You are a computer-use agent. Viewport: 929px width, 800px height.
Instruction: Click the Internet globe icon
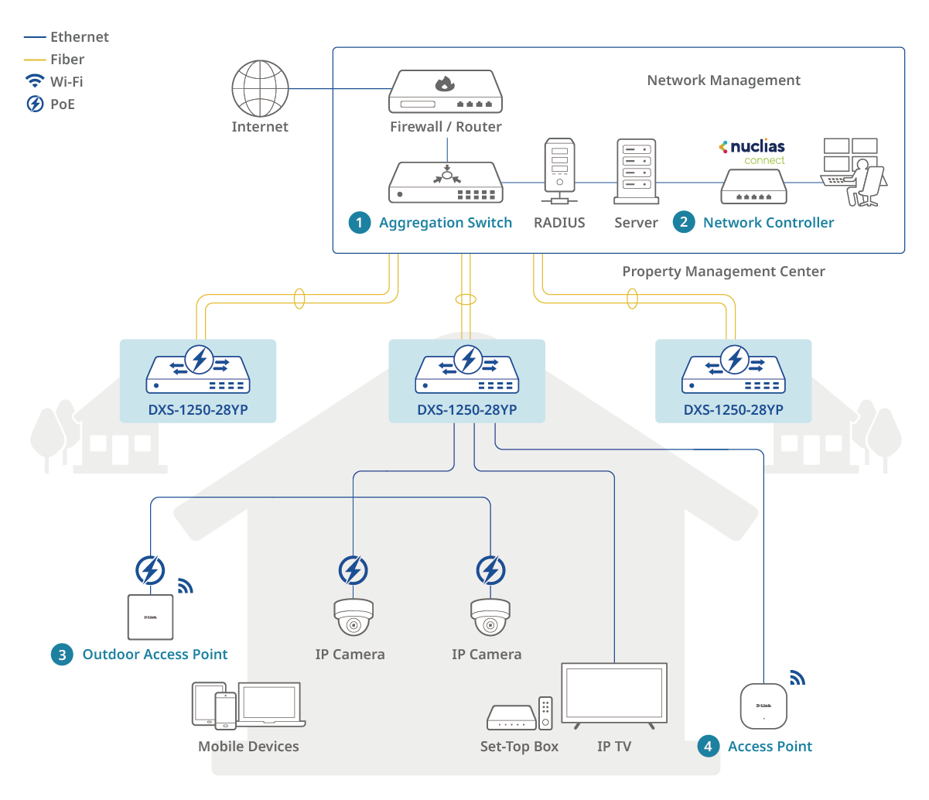[260, 88]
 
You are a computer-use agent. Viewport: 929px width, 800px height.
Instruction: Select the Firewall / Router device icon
[446, 92]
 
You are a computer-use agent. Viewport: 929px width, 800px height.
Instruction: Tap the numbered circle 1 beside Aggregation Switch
[359, 223]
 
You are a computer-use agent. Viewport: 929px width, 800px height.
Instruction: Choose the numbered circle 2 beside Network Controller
[683, 223]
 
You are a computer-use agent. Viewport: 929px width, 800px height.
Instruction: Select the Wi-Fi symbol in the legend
[35, 80]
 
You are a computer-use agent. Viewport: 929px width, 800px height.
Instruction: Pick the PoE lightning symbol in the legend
[35, 104]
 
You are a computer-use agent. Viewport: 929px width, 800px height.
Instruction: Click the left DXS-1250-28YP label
[198, 410]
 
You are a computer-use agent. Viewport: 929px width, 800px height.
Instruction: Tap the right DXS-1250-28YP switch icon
[733, 371]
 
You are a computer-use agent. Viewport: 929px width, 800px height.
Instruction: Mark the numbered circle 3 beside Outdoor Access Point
[62, 655]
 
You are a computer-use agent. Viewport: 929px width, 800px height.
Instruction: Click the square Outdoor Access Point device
[150, 617]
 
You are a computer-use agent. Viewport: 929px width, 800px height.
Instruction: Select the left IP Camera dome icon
[353, 617]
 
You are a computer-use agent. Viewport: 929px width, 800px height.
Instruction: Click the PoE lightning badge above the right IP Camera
[490, 570]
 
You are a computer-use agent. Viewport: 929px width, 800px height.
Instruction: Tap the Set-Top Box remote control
[545, 713]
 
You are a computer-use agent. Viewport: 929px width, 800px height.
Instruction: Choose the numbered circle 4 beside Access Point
[708, 746]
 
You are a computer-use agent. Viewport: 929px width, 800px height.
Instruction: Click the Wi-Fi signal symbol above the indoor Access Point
[797, 678]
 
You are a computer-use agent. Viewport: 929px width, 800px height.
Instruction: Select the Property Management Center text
[723, 272]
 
